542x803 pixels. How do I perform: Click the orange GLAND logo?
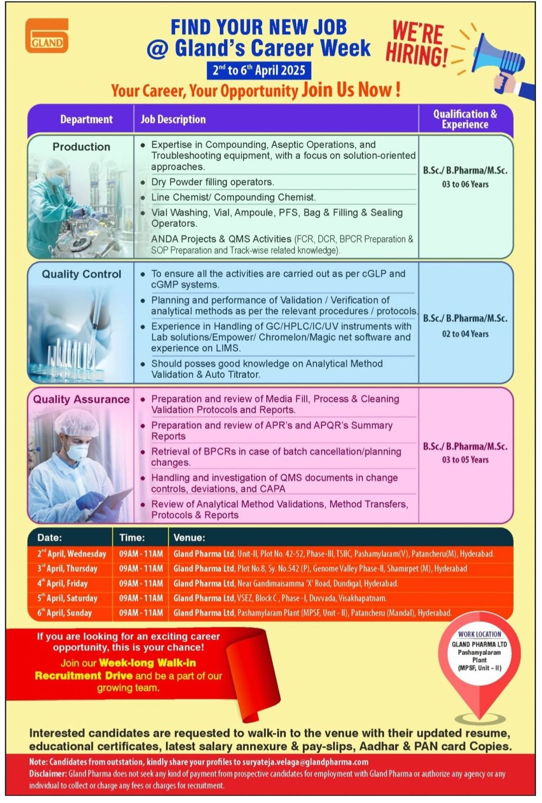(47, 36)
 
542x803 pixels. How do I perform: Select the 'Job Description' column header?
(173, 120)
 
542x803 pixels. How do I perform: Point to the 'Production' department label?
(81, 147)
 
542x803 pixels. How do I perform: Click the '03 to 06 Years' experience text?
(465, 184)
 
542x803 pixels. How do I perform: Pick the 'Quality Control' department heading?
(82, 274)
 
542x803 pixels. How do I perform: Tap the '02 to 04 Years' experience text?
(465, 334)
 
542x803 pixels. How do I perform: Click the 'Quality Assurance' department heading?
(82, 399)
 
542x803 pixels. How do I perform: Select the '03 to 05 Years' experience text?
(465, 459)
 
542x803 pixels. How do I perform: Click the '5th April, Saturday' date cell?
(67, 598)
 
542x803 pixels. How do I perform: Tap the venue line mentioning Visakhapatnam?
(280, 598)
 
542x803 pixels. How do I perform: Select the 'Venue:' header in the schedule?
(189, 538)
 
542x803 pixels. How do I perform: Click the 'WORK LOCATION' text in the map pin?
(479, 634)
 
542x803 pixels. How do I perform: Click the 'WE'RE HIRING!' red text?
(417, 43)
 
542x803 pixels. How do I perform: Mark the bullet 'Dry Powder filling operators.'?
(212, 182)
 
